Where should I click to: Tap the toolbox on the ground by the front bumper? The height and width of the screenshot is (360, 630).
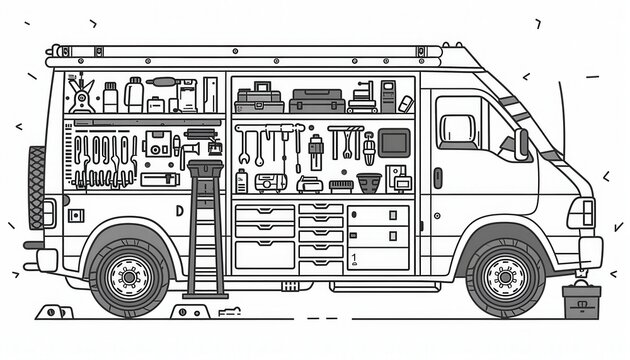pyautogui.click(x=579, y=299)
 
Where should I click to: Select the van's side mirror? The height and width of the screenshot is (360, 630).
pyautogui.click(x=521, y=142)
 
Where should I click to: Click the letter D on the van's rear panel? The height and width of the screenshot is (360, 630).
pyautogui.click(x=179, y=211)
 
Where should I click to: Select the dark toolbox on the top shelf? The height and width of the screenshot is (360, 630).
pyautogui.click(x=317, y=101)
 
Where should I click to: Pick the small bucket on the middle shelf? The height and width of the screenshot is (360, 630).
pyautogui.click(x=369, y=183)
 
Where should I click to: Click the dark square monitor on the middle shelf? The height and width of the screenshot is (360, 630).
pyautogui.click(x=394, y=142)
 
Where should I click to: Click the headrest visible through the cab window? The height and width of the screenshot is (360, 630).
pyautogui.click(x=457, y=127)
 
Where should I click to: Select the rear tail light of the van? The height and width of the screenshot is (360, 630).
pyautogui.click(x=47, y=212)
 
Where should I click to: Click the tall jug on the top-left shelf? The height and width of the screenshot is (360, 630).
pyautogui.click(x=134, y=96)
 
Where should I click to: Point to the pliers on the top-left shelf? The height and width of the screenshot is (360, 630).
pyautogui.click(x=82, y=97)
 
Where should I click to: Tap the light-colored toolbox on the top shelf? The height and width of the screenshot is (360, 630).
pyautogui.click(x=256, y=98)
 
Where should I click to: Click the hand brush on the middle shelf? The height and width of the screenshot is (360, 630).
pyautogui.click(x=341, y=184)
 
